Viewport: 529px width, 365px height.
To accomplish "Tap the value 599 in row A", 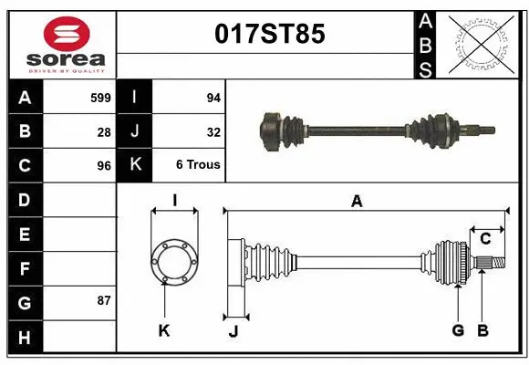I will (100, 97).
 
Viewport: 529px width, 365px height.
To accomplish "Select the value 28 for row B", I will (104, 131).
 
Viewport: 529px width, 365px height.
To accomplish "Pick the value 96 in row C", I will (104, 166).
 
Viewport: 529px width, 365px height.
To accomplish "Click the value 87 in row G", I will (104, 300).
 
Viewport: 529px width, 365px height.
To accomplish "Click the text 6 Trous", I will (198, 165).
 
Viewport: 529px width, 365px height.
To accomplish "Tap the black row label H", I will (24, 338).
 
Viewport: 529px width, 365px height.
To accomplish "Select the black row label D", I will (24, 200).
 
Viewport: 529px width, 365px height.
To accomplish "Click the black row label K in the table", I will (134, 165).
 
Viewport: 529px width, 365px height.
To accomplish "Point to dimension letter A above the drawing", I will (357, 202).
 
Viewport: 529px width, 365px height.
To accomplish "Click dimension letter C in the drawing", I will (485, 239).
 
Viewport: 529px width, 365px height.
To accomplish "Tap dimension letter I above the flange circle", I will (173, 200).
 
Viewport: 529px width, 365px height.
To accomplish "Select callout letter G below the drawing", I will (458, 330).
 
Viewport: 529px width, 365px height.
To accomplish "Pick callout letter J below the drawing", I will (233, 331).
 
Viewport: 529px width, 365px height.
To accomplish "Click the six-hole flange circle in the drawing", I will (173, 262).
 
